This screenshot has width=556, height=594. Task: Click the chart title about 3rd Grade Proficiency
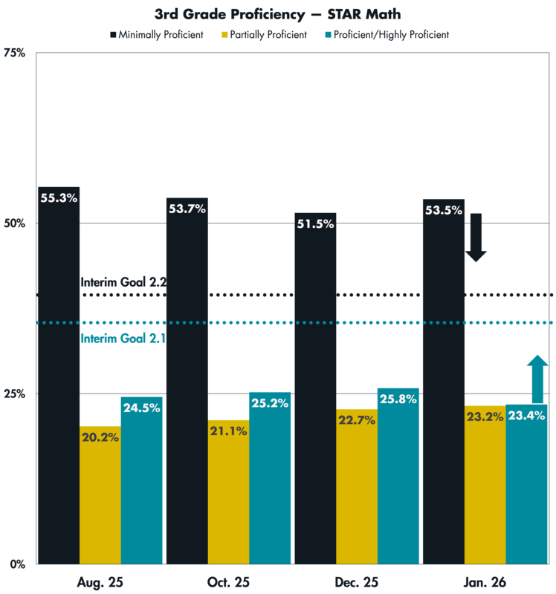pos(277,13)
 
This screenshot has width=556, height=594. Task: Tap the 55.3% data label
pos(59,198)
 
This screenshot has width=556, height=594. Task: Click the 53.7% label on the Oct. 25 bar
pos(187,209)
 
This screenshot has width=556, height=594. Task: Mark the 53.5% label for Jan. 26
pos(443,210)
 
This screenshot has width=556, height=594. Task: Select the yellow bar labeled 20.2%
pos(100,505)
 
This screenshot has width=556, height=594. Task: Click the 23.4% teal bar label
pos(526,416)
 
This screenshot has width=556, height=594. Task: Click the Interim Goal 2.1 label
pos(122,339)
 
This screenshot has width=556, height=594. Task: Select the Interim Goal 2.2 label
pos(122,281)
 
